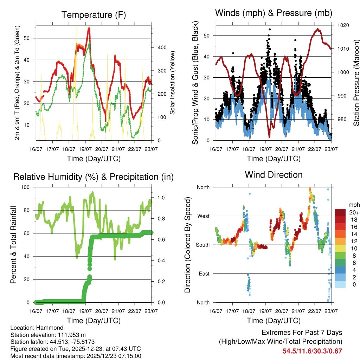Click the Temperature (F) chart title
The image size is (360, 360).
[x=94, y=15]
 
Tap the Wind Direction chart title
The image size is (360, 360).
[x=274, y=174]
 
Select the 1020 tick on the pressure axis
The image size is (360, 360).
[x=343, y=25]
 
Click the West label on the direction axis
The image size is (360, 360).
[x=203, y=216]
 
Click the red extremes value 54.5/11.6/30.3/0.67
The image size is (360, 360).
[x=312, y=351]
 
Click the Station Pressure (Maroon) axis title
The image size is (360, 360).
[x=356, y=83]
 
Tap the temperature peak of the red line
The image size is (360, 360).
[x=89, y=28]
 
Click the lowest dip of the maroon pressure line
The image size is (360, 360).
[x=269, y=137]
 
